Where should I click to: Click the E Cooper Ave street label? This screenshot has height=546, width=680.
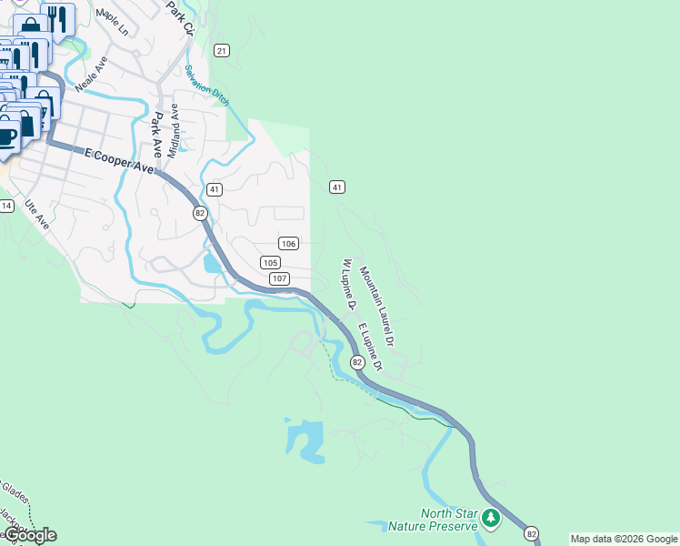[119, 161]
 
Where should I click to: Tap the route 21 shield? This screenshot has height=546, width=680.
[222, 50]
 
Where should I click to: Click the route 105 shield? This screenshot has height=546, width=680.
[270, 262]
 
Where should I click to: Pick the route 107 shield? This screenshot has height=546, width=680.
[279, 278]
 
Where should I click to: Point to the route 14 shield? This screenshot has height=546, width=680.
[6, 206]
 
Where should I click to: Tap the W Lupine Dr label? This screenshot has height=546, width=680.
[346, 283]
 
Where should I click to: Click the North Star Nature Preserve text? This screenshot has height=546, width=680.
[435, 521]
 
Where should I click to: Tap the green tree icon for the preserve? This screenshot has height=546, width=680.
[492, 519]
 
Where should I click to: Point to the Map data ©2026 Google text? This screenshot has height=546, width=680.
[624, 539]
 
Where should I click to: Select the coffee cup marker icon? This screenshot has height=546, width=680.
[7, 137]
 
